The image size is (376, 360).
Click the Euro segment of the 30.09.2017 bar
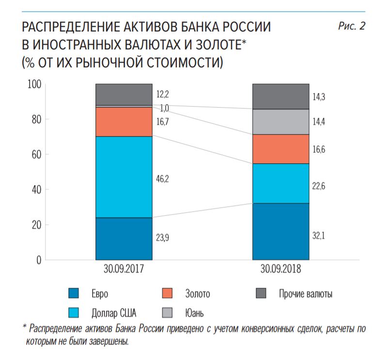coord(124,238)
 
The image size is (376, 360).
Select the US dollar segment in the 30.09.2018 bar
coord(281,183)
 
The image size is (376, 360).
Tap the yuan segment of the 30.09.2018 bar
coord(281,122)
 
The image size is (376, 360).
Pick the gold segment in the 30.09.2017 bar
coord(124,122)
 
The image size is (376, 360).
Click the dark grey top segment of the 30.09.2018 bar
coord(281,96)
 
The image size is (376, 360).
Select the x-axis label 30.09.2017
coord(124,269)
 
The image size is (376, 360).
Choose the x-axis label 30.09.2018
coord(281,269)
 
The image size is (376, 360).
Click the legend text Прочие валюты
coord(305,294)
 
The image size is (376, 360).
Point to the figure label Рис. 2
coord(351,27)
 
